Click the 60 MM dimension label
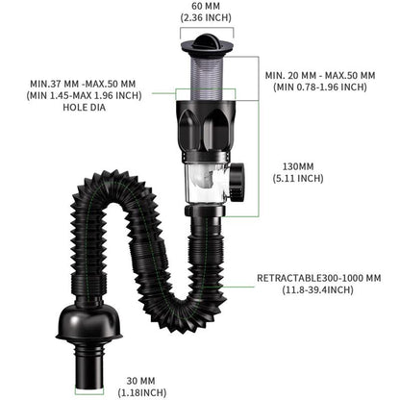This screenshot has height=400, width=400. click(200, 6)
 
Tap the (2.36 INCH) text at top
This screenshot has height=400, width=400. click(200, 16)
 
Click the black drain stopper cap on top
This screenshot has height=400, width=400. click(200, 42)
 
